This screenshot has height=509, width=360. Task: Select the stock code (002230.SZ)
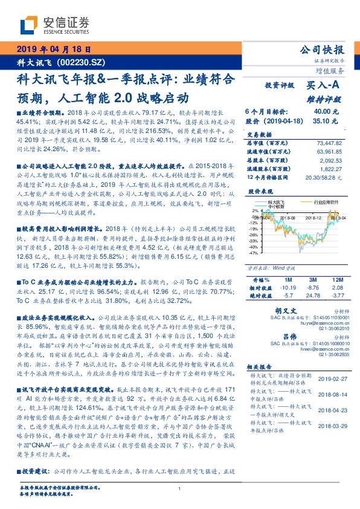[79, 62]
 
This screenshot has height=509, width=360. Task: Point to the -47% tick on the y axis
[252, 253]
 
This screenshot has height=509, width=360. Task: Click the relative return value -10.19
[284, 288]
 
